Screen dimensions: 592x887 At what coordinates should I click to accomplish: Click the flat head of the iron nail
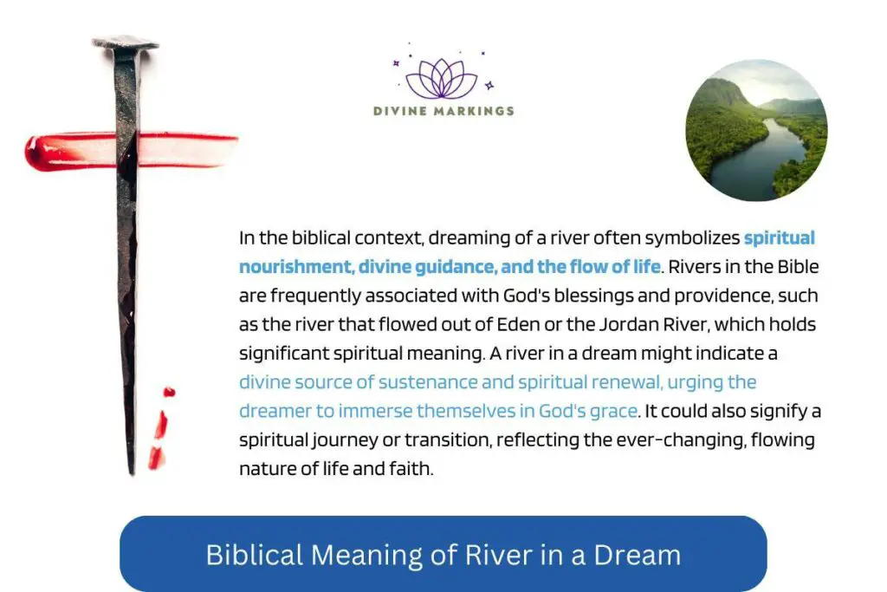coord(126,42)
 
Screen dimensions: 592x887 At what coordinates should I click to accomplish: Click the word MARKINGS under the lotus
coord(476,111)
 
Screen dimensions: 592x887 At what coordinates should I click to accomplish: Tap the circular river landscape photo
coord(756,130)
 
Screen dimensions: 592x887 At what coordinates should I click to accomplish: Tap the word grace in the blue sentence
coord(614,410)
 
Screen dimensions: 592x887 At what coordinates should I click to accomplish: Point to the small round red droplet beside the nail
coord(169,392)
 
